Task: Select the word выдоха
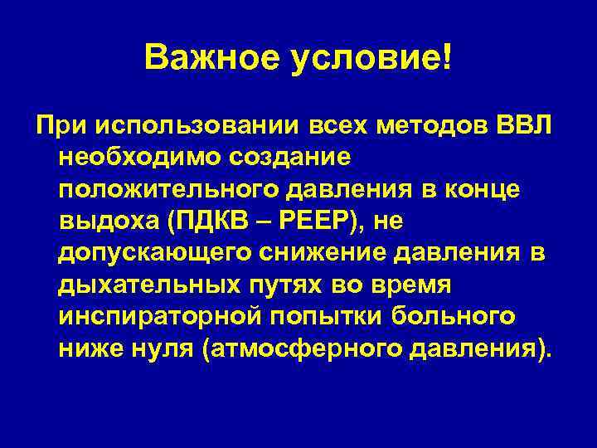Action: [x=108, y=222]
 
